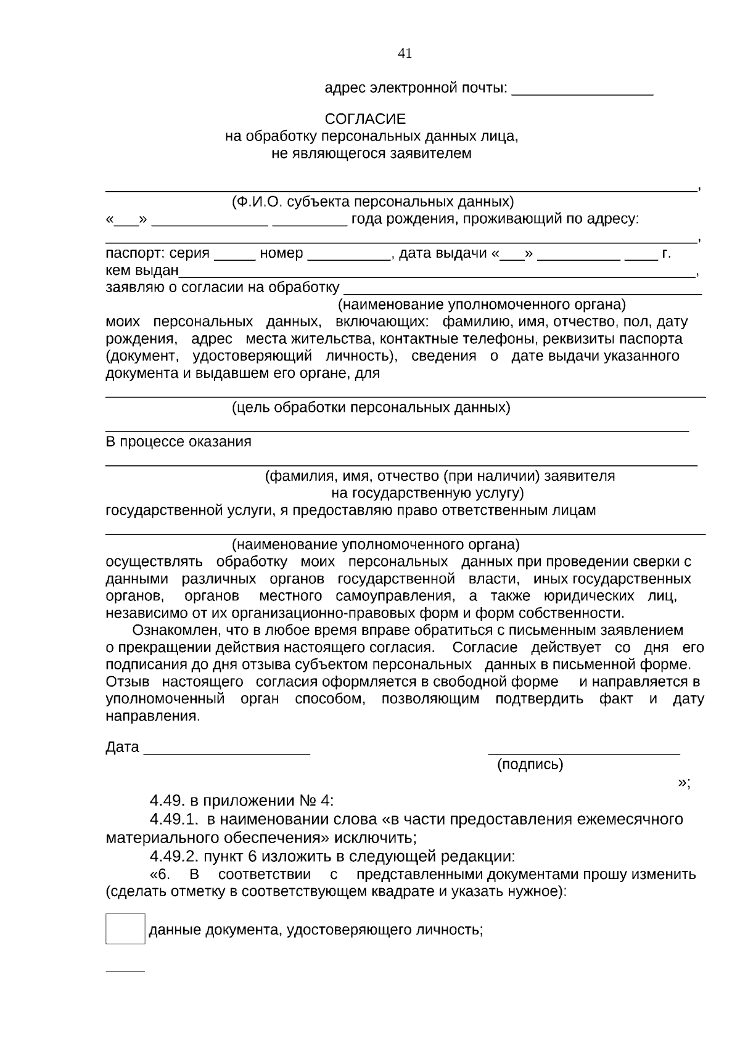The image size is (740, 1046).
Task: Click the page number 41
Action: coord(405,54)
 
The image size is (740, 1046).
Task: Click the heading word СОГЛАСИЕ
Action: coord(365,118)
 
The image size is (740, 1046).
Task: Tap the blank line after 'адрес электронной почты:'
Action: coord(582,92)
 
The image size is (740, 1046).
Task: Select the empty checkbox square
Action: coord(125,929)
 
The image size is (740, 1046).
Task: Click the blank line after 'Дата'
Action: coord(226,751)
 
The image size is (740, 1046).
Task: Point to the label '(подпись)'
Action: coord(530,765)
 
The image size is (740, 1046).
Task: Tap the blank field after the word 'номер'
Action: coord(348,258)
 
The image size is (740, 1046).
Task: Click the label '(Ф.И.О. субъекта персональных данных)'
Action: coord(372,202)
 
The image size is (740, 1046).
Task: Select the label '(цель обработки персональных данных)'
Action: coord(371,407)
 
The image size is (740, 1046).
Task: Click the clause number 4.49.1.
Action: coord(175,819)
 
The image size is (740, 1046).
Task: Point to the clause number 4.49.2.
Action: coord(175,856)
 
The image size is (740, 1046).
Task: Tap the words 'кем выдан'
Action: coord(142,271)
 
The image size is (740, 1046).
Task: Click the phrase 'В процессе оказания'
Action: coord(179,442)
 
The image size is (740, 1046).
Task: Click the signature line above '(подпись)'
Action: coord(583,753)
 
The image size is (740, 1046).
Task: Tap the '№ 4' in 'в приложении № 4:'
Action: coord(314,801)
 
